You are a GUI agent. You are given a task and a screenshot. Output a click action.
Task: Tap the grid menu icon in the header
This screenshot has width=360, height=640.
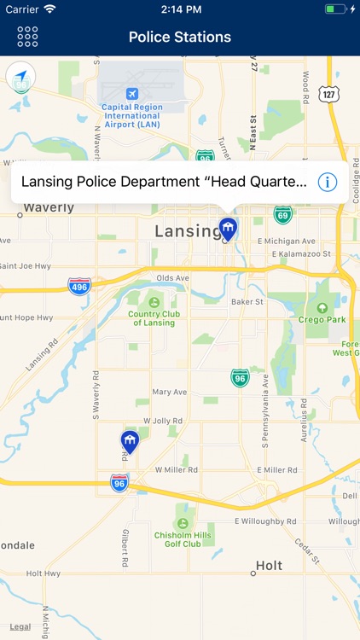tap(27, 37)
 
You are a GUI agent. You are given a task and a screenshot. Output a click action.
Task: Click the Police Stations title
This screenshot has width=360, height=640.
tap(180, 38)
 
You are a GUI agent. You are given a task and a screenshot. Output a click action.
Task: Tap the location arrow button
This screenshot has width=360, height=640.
tap(20, 78)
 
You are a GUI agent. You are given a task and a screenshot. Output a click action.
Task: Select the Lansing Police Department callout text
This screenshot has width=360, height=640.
tap(164, 182)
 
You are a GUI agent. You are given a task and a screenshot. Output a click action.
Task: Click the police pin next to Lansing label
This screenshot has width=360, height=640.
tap(228, 228)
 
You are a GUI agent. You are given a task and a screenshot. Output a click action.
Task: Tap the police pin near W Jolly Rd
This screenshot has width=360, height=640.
tap(130, 441)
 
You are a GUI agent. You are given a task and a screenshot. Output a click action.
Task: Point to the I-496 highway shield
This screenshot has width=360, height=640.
tap(80, 285)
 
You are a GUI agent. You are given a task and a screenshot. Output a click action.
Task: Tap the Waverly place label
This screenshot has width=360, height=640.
tap(49, 207)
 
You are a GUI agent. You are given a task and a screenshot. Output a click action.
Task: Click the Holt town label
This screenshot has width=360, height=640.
tap(270, 565)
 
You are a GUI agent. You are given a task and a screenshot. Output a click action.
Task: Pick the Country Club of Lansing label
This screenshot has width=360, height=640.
tap(155, 317)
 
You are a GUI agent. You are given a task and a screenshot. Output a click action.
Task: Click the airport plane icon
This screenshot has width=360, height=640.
tap(132, 93)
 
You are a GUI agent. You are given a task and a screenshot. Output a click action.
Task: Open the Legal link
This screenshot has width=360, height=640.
tap(20, 626)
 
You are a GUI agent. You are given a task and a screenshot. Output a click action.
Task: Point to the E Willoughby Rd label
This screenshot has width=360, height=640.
tap(265, 521)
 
